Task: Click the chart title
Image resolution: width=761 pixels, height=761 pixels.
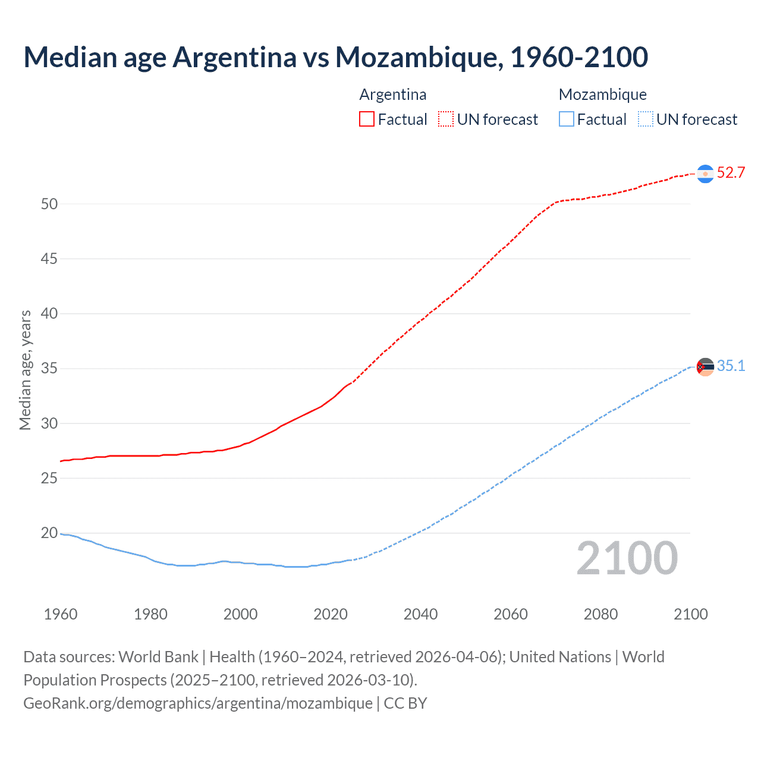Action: (x=335, y=57)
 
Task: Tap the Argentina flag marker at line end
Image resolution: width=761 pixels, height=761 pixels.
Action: (x=705, y=174)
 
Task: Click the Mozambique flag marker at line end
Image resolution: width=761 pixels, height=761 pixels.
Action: (x=705, y=367)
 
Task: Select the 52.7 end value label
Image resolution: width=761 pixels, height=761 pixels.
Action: (x=731, y=173)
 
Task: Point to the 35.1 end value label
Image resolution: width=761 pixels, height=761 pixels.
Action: (x=731, y=366)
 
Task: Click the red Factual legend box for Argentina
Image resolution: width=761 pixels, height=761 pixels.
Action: (x=367, y=119)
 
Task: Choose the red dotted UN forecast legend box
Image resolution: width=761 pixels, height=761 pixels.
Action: (x=446, y=119)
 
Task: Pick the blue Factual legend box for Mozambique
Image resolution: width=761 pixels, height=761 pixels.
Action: (x=567, y=119)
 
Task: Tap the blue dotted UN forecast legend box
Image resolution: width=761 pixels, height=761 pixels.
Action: (x=646, y=119)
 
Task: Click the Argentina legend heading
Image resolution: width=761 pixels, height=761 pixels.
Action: (x=392, y=95)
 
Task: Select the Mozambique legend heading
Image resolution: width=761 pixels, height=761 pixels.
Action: (x=602, y=95)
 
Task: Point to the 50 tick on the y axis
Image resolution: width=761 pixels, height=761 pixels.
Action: (x=49, y=204)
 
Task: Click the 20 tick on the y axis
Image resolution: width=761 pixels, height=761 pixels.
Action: (x=49, y=533)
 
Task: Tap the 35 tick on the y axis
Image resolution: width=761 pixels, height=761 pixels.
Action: (x=49, y=369)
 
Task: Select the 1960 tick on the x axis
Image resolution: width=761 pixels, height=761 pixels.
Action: (x=61, y=614)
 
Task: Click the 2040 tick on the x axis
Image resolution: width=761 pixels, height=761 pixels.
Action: (x=420, y=614)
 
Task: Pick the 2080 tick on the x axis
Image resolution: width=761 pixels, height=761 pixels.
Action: (x=600, y=614)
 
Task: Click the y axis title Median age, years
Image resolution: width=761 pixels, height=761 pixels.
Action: (x=25, y=370)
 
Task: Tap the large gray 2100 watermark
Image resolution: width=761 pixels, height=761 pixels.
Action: (x=627, y=558)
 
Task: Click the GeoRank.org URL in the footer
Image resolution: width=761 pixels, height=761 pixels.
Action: (x=197, y=703)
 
